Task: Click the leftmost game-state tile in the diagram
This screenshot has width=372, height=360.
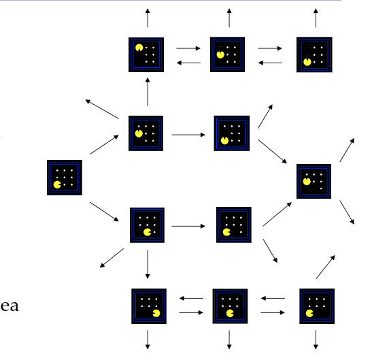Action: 65,178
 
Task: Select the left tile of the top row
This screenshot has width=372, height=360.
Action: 147,54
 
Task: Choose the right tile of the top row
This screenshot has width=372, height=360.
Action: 314,54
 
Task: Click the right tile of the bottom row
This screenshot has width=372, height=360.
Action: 316,306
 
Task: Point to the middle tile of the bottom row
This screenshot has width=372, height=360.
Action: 229,306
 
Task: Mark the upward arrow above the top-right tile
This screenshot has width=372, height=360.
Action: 315,18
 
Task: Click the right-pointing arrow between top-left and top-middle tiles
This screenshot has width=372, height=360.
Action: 188,48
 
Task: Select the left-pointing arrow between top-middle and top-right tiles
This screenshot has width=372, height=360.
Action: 270,63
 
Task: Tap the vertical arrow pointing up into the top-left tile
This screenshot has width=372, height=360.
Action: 147,91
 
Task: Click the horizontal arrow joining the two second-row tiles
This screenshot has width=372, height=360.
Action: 188,134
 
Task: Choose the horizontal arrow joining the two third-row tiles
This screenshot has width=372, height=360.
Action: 188,225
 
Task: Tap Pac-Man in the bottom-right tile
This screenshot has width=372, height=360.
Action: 309,314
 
